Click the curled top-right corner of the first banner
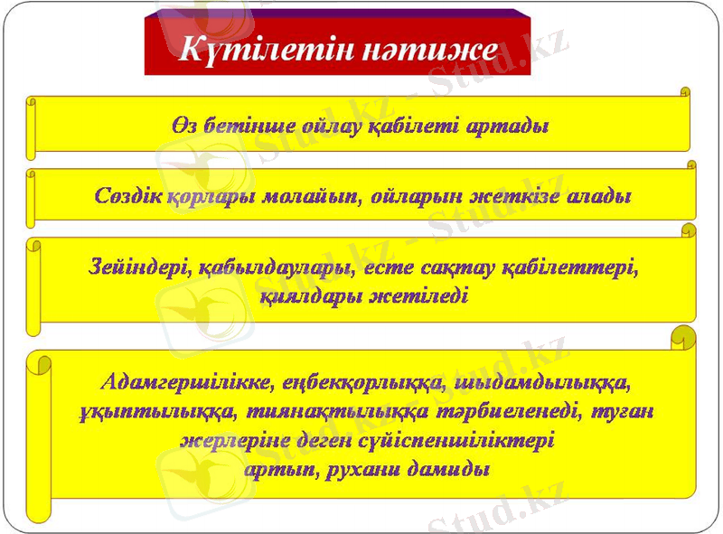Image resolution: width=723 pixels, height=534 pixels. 684,92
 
